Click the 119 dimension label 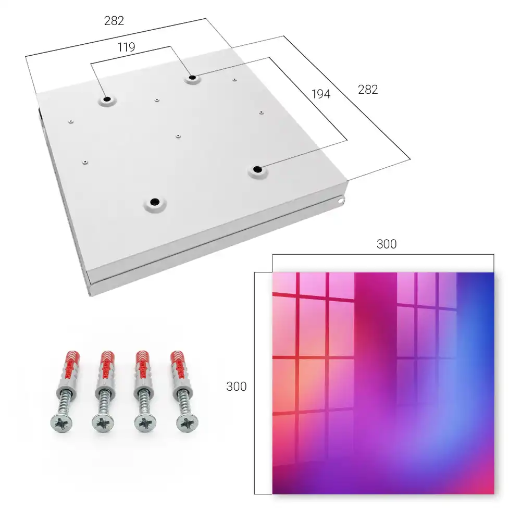(x=126, y=47)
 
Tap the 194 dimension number (x=321, y=94)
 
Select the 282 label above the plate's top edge (x=114, y=21)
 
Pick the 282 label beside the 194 (x=368, y=90)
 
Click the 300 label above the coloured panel (x=387, y=244)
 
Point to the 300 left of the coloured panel (x=236, y=387)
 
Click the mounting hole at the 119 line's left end (x=107, y=99)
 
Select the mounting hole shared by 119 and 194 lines (x=192, y=78)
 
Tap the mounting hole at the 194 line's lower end (x=257, y=169)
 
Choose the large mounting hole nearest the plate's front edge (x=155, y=202)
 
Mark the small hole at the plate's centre (x=178, y=136)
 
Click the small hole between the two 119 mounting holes (x=157, y=100)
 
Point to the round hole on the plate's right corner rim (x=341, y=201)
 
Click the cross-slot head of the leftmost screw (x=61, y=424)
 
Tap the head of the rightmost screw (x=188, y=424)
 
